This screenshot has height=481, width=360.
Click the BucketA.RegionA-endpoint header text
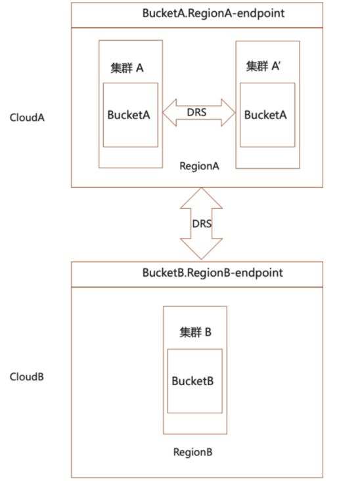[x=214, y=14]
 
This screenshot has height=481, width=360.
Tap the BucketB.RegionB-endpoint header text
[x=212, y=273]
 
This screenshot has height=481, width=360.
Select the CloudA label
[x=27, y=118]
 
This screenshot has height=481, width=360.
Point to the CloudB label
[x=27, y=377]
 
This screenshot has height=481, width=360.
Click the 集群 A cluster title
[x=127, y=68]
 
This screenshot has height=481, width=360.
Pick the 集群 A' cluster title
[x=263, y=66]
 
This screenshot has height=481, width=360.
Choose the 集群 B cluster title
[x=195, y=332]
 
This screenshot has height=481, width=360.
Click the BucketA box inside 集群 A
[x=131, y=115]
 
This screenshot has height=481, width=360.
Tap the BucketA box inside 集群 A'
[x=267, y=115]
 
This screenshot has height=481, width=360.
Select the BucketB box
[x=194, y=381]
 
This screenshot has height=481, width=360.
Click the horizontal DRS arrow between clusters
[x=198, y=112]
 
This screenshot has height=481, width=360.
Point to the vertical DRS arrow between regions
[x=201, y=223]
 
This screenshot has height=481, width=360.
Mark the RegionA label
[x=199, y=166]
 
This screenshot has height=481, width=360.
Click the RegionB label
[x=192, y=452]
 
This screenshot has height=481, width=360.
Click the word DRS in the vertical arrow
[x=202, y=223]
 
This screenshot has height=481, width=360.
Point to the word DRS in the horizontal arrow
[x=196, y=112]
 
